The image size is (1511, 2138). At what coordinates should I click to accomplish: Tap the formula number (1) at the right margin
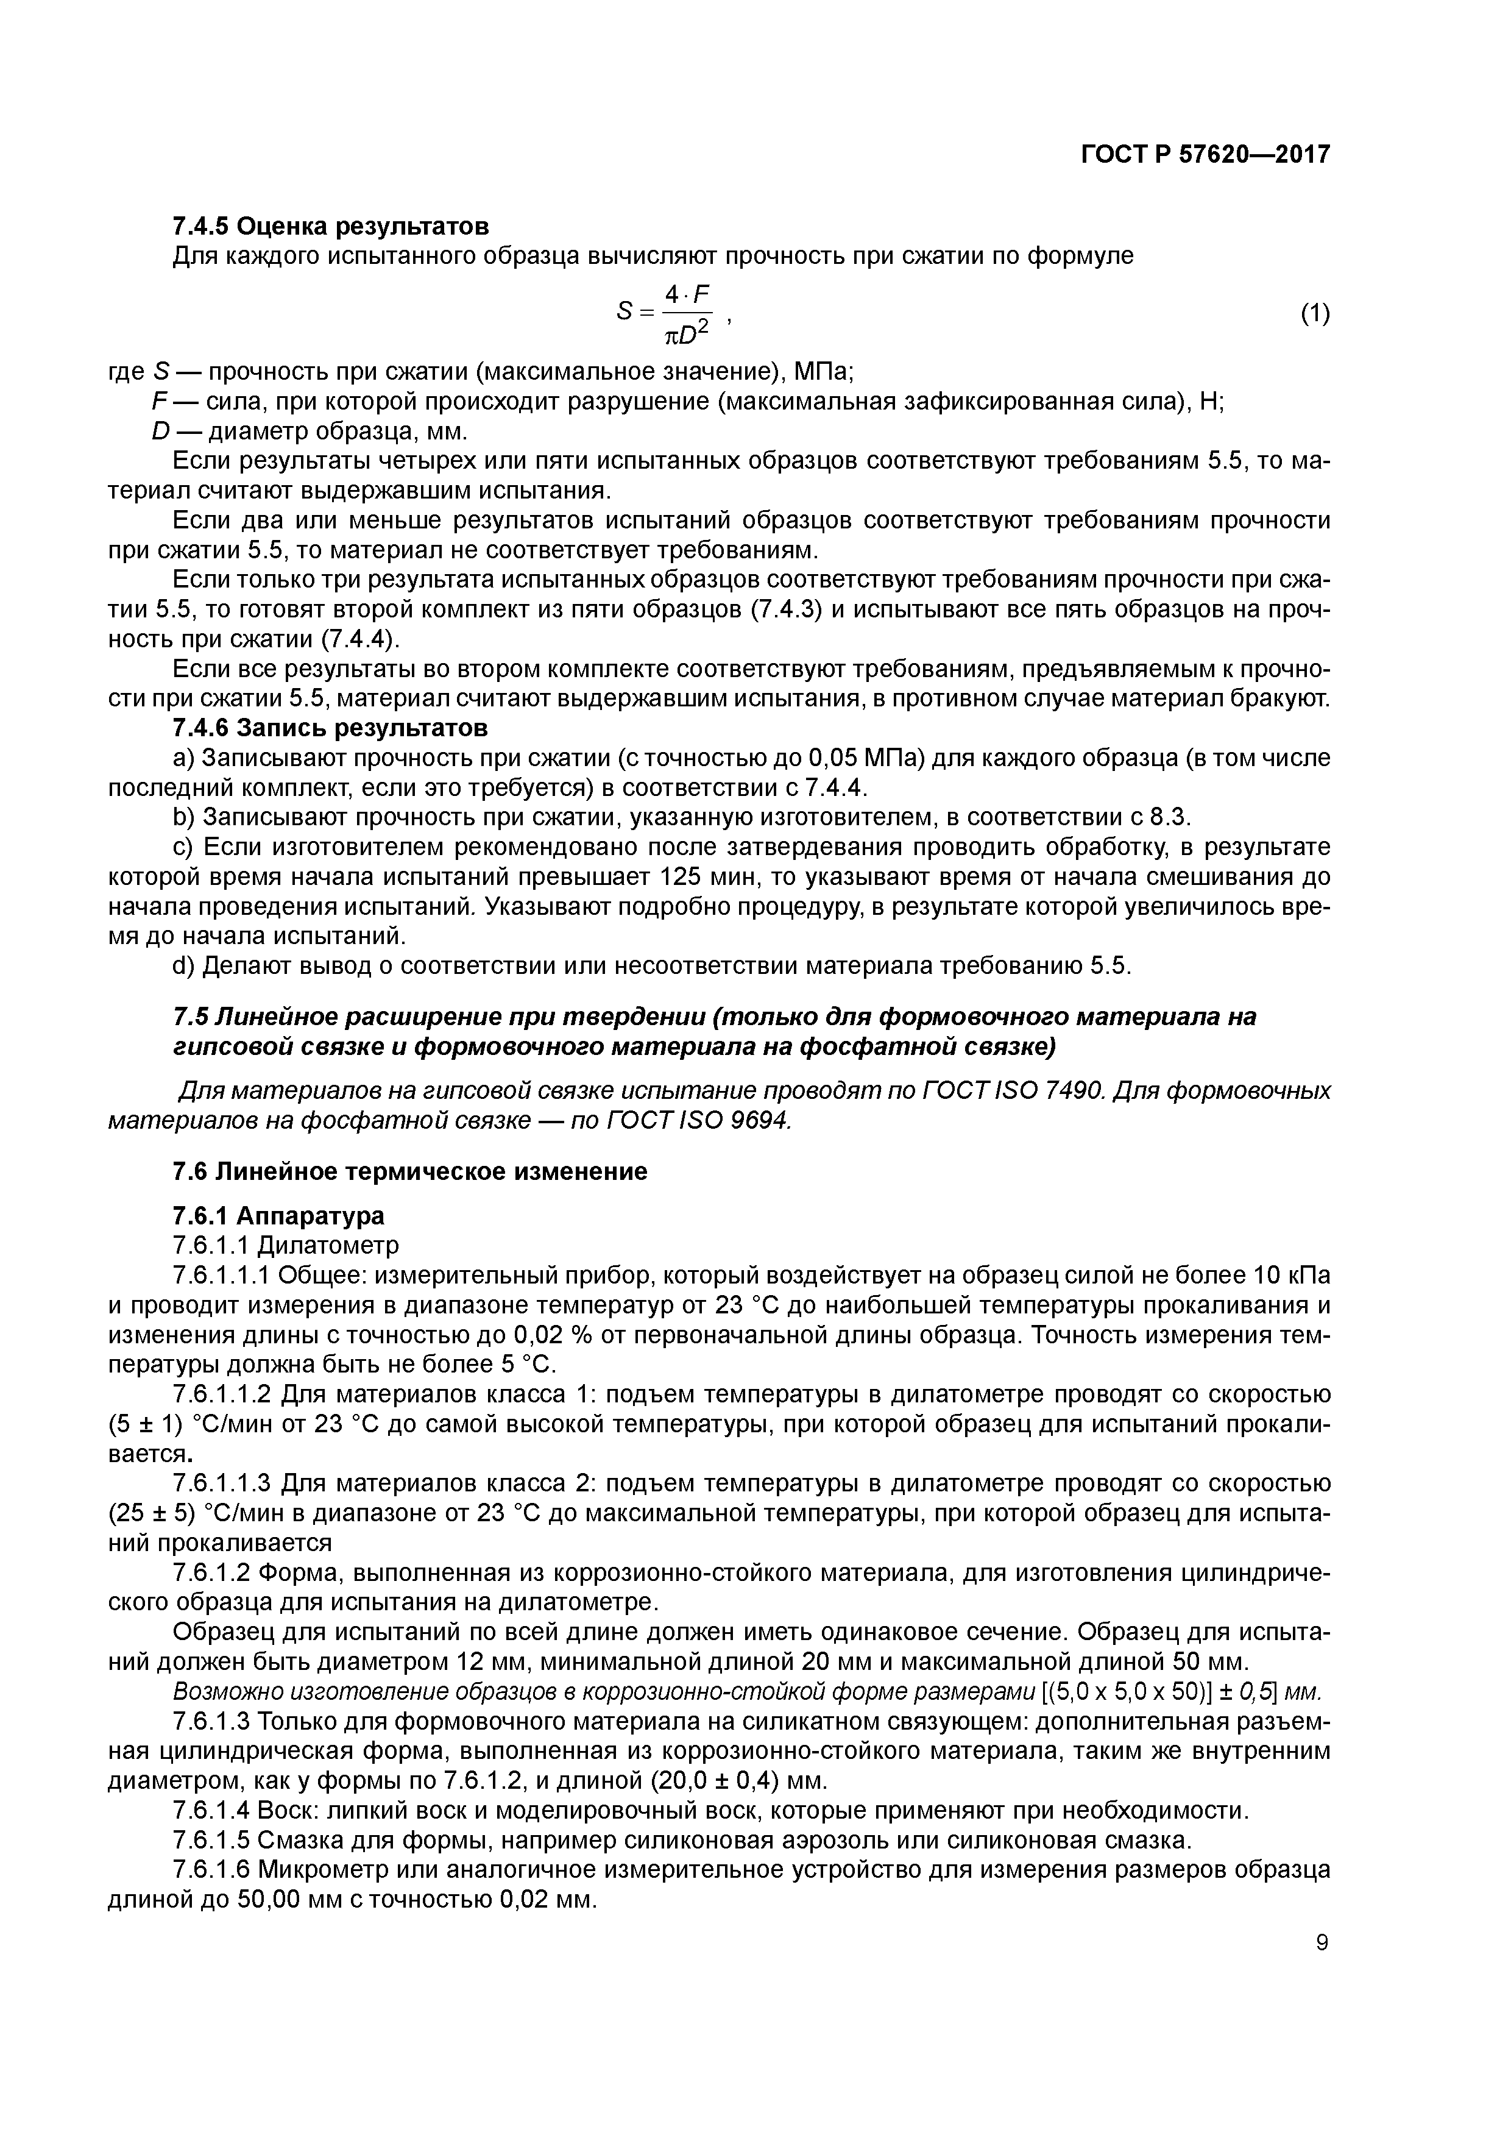tap(1315, 314)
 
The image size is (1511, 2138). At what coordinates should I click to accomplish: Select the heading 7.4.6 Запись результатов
tap(330, 727)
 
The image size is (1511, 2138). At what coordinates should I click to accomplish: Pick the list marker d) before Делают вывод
tap(183, 965)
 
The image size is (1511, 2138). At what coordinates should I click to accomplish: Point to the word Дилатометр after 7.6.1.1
tap(328, 1245)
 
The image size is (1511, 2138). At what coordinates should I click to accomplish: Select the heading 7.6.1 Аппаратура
tap(278, 1215)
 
